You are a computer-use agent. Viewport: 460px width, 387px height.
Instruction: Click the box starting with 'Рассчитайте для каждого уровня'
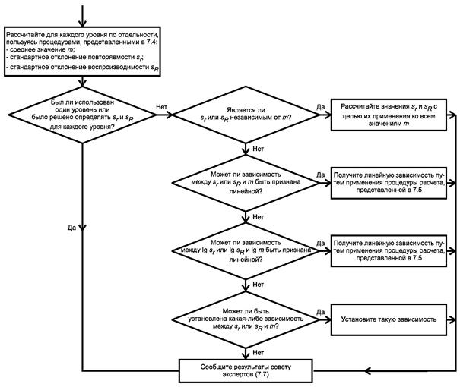pyautogui.click(x=82, y=52)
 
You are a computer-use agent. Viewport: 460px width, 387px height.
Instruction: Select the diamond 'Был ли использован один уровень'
pyautogui.click(x=82, y=115)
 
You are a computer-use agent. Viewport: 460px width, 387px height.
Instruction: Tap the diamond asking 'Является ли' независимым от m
pyautogui.click(x=246, y=115)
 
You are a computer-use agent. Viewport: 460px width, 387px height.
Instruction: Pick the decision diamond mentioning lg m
pyautogui.click(x=246, y=251)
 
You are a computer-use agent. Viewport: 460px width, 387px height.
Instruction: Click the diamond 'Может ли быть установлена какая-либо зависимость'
pyautogui.click(x=246, y=319)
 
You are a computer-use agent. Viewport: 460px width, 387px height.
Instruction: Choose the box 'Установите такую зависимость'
pyautogui.click(x=389, y=319)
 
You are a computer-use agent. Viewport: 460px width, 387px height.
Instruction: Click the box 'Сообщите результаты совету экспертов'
pyautogui.click(x=246, y=370)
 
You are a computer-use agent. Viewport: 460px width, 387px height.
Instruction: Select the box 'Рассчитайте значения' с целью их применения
pyautogui.click(x=389, y=115)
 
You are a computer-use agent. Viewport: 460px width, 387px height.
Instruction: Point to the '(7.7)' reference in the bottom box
pyautogui.click(x=262, y=374)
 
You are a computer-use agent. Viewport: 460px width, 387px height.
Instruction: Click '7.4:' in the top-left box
pyautogui.click(x=152, y=42)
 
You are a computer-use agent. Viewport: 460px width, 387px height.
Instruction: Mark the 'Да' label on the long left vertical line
pyautogui.click(x=72, y=228)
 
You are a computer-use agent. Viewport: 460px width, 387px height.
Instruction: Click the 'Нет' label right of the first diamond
pyautogui.click(x=162, y=107)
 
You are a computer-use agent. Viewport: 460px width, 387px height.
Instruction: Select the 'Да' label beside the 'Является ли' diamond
pyautogui.click(x=321, y=107)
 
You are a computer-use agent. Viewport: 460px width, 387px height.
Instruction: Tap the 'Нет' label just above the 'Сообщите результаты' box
pyautogui.click(x=259, y=353)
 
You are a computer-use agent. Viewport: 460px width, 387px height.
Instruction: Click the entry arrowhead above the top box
pyautogui.click(x=82, y=24)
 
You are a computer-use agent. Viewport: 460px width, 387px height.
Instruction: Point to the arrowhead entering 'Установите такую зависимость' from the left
pyautogui.click(x=328, y=319)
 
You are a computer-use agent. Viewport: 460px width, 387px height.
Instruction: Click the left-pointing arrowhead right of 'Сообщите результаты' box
pyautogui.click(x=369, y=371)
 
